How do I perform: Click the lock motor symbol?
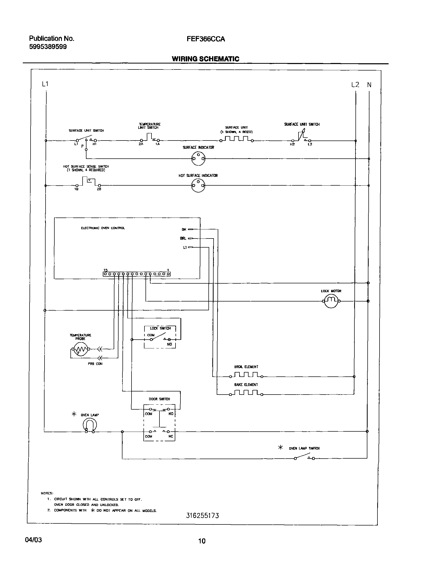click(x=331, y=301)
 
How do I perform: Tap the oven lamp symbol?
click(x=90, y=425)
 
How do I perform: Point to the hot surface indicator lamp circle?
click(x=198, y=186)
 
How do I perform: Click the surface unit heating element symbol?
click(x=237, y=139)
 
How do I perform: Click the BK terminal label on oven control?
click(x=184, y=229)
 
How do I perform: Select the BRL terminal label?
click(x=183, y=239)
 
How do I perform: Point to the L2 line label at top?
click(x=355, y=85)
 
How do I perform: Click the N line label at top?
click(x=369, y=85)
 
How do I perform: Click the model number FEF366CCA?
click(x=206, y=39)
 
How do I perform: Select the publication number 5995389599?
click(x=48, y=47)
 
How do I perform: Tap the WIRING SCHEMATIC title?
click(x=205, y=59)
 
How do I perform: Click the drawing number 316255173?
click(x=202, y=515)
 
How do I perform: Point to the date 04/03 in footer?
click(x=33, y=540)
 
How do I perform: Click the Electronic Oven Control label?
click(x=103, y=228)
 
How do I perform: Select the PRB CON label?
click(x=95, y=364)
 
